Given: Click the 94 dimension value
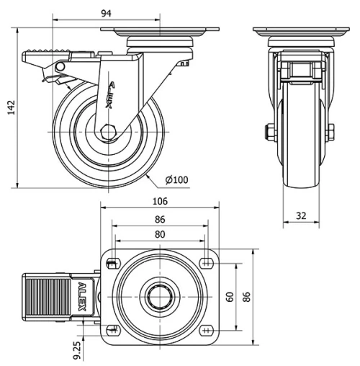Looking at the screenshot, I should click(106, 14).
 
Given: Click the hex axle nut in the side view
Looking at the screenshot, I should click(109, 133).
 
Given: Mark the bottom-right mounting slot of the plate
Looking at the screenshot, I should click(207, 331).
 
